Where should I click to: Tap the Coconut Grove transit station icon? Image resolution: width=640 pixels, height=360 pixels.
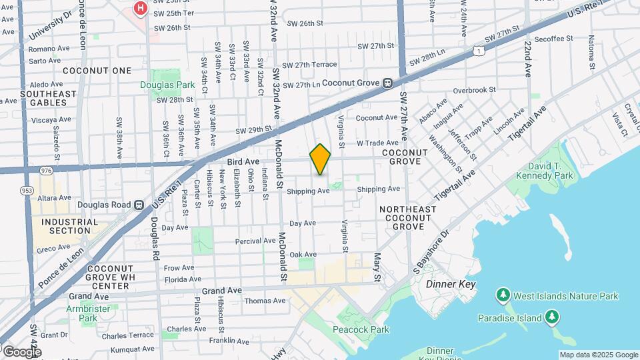tap(387, 83)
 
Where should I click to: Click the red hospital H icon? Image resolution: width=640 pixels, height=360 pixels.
tap(141, 9)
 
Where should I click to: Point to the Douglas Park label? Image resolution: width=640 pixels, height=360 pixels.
tap(167, 85)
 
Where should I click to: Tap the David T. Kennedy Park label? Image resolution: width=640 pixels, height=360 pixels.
tap(550, 171)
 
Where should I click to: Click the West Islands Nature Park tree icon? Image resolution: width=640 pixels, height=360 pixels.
tap(503, 295)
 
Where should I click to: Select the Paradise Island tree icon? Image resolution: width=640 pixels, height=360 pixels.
tap(551, 317)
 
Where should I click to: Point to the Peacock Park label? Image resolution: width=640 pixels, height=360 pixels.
tap(362, 329)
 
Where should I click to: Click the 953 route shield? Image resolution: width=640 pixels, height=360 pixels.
tap(27, 191)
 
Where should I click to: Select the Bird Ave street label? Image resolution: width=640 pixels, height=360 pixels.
tap(243, 161)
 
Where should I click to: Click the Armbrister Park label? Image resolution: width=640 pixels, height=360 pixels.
tap(82, 313)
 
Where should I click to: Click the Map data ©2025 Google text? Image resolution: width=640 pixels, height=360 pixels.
tap(598, 355)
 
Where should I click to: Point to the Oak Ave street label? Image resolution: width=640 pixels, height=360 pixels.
tap(303, 254)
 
